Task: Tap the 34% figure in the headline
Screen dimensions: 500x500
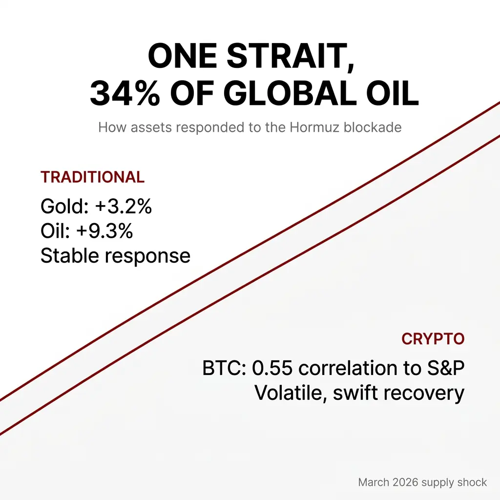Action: [125, 93]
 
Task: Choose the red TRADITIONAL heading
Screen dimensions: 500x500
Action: [92, 177]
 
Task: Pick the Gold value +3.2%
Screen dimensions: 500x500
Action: [124, 207]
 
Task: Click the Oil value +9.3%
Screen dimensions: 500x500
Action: [104, 231]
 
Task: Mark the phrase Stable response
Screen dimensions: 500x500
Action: [115, 256]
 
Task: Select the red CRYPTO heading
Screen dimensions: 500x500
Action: [433, 339]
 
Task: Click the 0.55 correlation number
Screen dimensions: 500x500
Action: [272, 368]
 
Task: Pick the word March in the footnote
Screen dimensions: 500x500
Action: [374, 482]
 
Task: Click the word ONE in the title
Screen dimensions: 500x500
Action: [183, 57]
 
